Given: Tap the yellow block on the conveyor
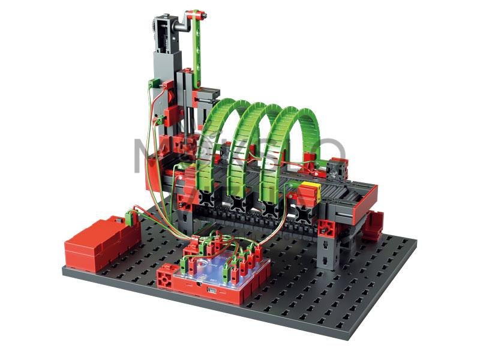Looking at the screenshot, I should [310, 190].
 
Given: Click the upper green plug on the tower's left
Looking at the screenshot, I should [154, 83].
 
